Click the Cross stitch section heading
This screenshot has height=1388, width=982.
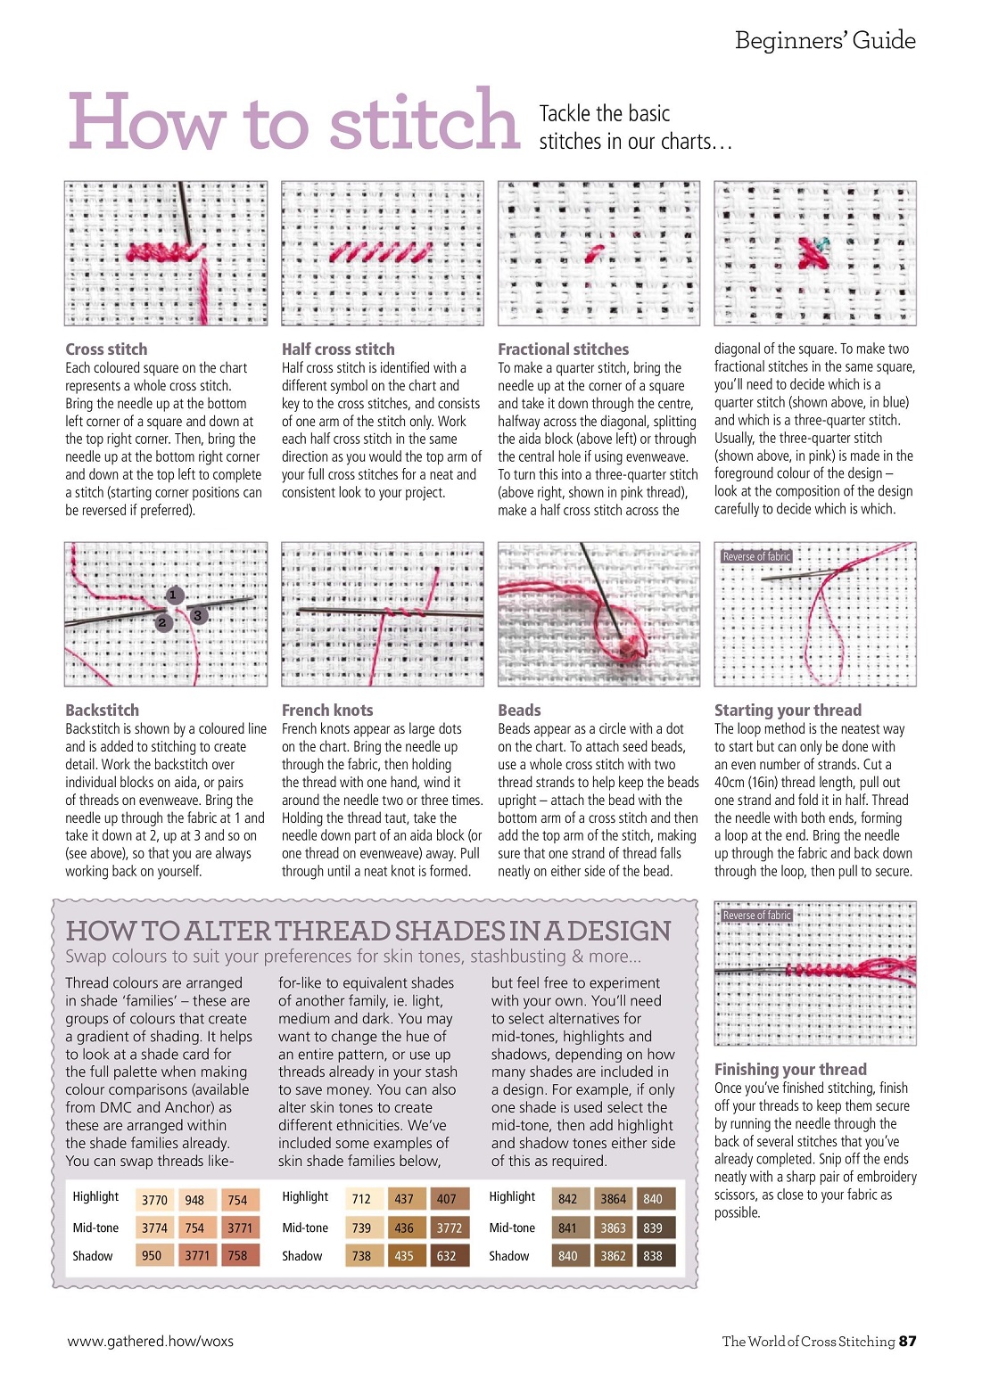point(106,349)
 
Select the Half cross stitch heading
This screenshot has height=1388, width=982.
point(338,349)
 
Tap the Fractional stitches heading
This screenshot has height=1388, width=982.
point(563,349)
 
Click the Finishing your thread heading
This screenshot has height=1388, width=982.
point(790,1069)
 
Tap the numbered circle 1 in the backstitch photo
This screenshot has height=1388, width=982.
point(174,595)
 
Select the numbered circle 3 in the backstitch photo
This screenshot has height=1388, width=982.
point(198,615)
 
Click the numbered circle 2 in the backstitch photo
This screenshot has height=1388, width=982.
point(161,623)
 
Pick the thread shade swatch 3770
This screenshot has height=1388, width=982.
point(154,1200)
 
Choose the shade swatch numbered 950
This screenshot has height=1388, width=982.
point(152,1255)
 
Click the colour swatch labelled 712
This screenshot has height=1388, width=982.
point(361,1199)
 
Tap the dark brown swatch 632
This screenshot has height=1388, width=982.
point(447,1255)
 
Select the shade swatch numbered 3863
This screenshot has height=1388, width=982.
point(613,1228)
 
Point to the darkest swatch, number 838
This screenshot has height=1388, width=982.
point(653,1255)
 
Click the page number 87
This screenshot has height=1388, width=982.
point(907,1341)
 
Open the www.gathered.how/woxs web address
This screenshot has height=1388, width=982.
point(151,1341)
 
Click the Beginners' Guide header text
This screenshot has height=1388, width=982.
point(825,41)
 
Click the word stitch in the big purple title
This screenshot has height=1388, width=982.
point(425,121)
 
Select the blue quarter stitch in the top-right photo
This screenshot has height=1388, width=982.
point(822,242)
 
